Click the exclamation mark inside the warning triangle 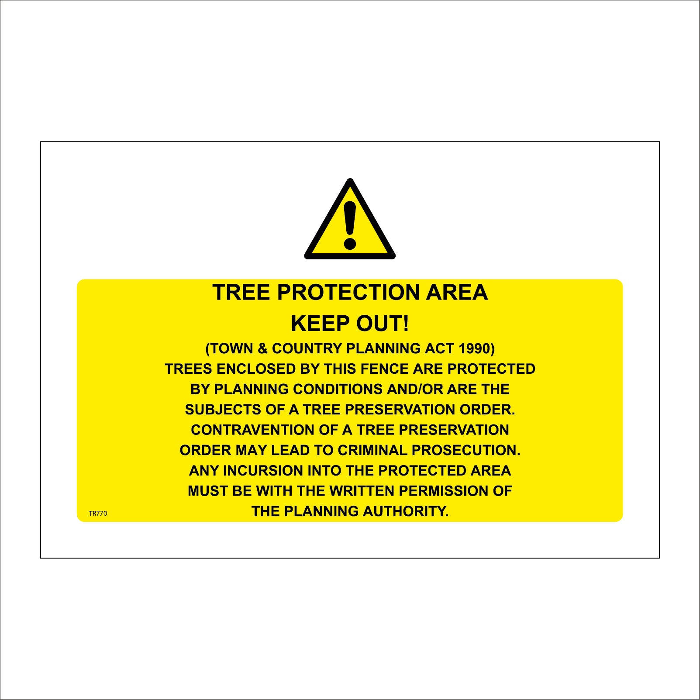pyautogui.click(x=350, y=225)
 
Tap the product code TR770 pyautogui.click(x=98, y=513)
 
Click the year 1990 pyautogui.click(x=475, y=348)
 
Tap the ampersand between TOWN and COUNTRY pyautogui.click(x=262, y=348)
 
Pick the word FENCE pyautogui.click(x=385, y=369)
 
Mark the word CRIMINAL pyautogui.click(x=372, y=450)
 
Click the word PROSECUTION pyautogui.click(x=466, y=450)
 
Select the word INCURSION pyautogui.click(x=263, y=470)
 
